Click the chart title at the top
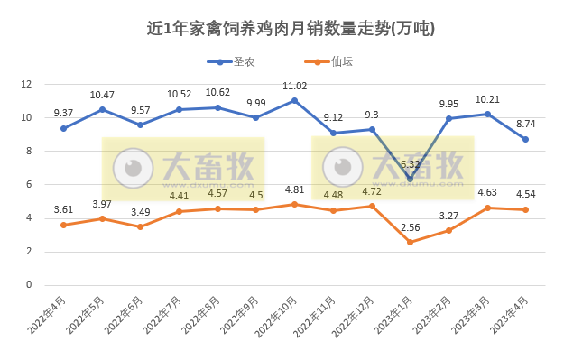tap(291, 28)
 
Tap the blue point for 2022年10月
tap(294, 100)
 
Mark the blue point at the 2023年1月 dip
tap(410, 179)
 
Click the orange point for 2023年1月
tap(410, 242)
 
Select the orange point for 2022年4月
tap(63, 225)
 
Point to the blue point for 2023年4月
tap(525, 139)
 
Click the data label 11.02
tap(294, 86)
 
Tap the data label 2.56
tap(410, 227)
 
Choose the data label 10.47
tap(102, 95)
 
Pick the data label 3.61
tap(63, 209)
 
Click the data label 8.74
tap(525, 124)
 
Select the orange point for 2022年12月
tap(372, 206)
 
